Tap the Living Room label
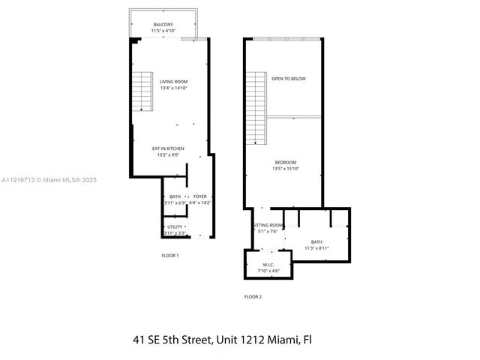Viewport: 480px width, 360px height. click(173, 82)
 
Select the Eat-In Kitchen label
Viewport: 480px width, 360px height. click(168, 148)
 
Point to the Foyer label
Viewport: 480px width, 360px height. click(200, 196)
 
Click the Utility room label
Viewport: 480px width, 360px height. click(174, 227)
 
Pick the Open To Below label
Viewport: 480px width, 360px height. click(288, 78)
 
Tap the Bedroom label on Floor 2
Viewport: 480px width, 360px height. click(285, 163)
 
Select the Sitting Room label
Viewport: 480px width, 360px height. click(268, 226)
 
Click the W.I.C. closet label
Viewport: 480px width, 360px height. click(268, 264)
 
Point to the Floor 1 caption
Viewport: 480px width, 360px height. click(170, 256)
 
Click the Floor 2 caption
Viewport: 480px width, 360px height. click(253, 297)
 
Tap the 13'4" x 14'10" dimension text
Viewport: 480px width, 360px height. click(173, 88)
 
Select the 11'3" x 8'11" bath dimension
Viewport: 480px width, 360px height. click(316, 248)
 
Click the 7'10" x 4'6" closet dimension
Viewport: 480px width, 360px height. click(268, 271)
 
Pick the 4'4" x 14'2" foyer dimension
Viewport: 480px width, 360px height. click(200, 202)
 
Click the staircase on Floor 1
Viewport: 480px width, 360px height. click(142, 91)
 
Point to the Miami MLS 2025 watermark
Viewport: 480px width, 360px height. click(49, 180)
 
